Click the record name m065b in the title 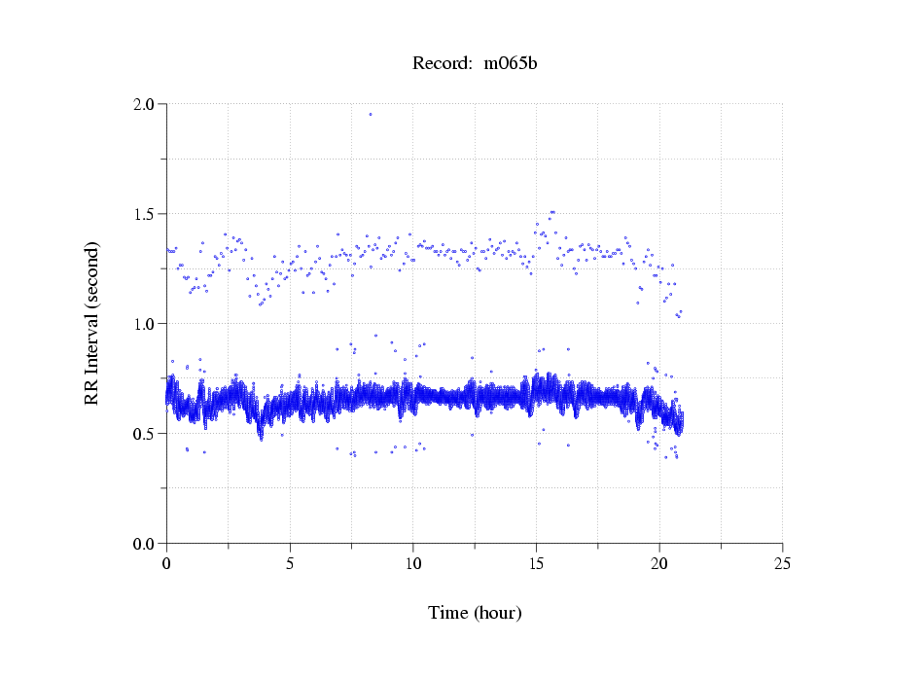511,63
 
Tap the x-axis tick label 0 166,563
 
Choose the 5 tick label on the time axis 290,563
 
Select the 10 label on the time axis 413,563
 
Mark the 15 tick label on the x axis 536,563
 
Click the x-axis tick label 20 659,563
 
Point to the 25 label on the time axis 783,563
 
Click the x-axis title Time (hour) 475,613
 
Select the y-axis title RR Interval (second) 92,323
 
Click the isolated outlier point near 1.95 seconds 371,114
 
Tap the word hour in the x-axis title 497,613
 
